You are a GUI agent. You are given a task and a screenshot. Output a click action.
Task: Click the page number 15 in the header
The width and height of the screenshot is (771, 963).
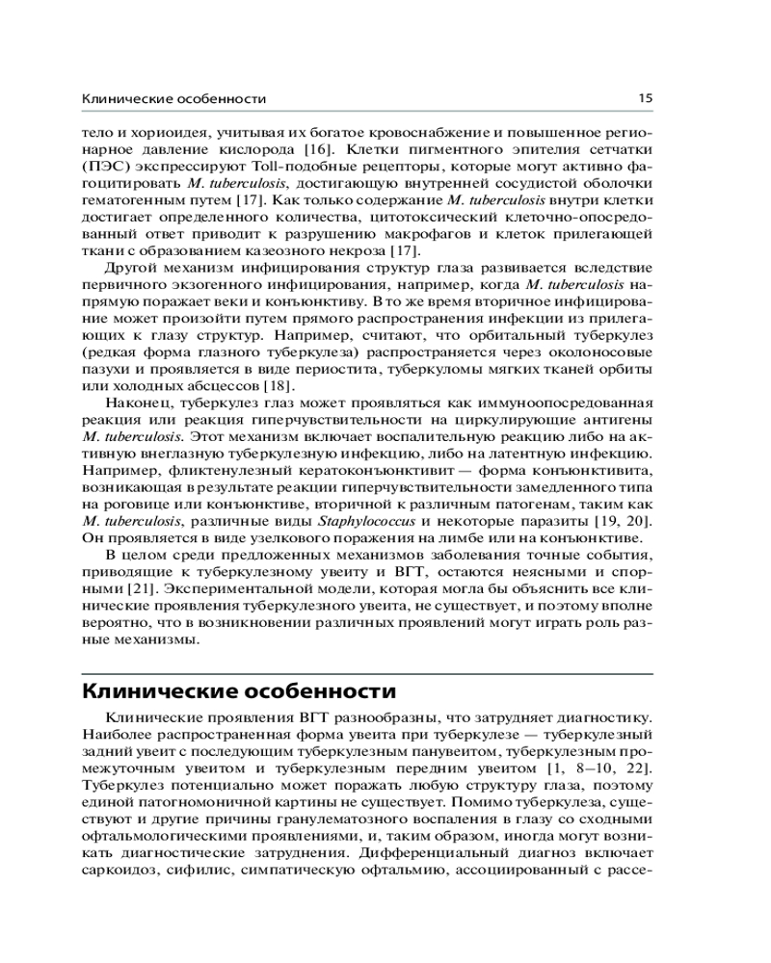click(x=646, y=98)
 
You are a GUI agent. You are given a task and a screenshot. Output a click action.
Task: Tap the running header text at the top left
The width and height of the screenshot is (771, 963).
click(x=173, y=99)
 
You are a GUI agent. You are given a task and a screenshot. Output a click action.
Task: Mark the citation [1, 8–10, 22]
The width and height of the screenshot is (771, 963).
click(x=601, y=768)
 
